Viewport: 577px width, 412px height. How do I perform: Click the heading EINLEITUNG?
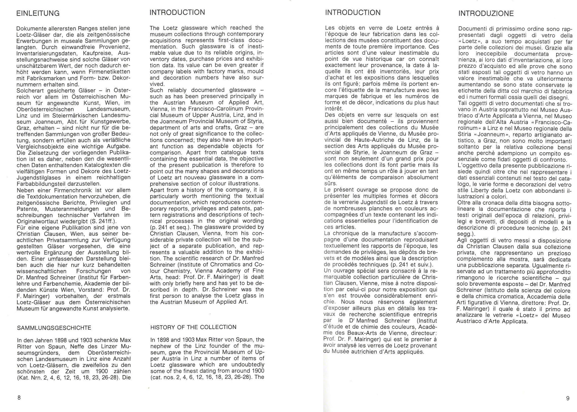(38, 13)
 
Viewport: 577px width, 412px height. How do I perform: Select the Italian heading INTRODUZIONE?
(486, 14)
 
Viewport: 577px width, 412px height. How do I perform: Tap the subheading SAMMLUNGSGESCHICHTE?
(54, 327)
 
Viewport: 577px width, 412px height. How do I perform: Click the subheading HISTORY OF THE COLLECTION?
(193, 327)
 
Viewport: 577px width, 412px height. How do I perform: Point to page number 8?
(19, 398)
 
